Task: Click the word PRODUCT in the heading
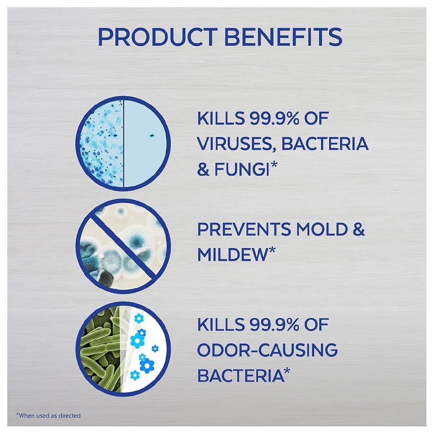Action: coord(158,37)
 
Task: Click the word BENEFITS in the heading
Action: coord(283,37)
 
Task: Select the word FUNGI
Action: coord(242,169)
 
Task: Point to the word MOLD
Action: coord(322,229)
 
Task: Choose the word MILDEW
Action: coord(232,254)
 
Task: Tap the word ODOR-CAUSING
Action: coord(267,350)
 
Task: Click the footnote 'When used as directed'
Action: coord(48,415)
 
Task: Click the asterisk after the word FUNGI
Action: coord(274,165)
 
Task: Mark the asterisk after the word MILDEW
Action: coord(272,250)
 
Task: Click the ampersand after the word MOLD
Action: coord(359,229)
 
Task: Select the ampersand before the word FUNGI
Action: coord(203,169)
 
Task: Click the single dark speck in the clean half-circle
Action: coord(152,136)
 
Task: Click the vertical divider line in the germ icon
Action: coord(123,143)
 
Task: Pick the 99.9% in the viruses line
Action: coord(274,118)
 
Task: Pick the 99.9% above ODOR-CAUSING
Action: coord(274,325)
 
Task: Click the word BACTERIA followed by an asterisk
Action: coord(241,375)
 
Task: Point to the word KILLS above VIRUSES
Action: coord(221,118)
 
